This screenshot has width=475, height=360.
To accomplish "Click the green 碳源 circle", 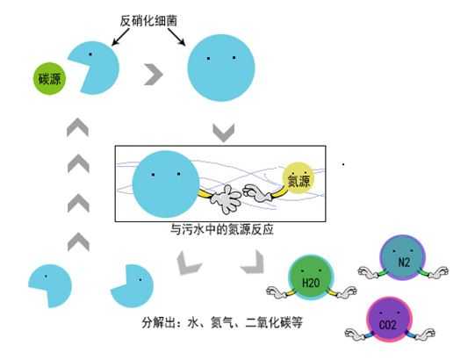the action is [x=49, y=78].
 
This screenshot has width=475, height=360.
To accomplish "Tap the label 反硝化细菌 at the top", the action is [x=148, y=21].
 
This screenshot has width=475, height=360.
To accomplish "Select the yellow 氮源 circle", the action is [x=299, y=179].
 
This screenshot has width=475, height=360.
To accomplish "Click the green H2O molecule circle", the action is [x=311, y=277].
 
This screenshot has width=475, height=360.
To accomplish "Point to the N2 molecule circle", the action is [x=403, y=258].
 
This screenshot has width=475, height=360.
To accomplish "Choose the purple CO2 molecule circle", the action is [x=389, y=320].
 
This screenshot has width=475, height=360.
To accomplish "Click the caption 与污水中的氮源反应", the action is [x=222, y=229].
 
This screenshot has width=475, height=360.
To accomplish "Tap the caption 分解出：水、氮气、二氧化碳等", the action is [x=222, y=322].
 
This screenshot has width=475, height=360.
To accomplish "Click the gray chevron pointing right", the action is [x=154, y=75].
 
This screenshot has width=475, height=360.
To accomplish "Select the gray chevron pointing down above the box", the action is [x=224, y=133].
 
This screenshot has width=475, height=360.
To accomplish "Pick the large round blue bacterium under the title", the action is [x=221, y=68].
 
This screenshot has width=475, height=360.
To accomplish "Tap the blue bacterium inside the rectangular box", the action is [x=166, y=184].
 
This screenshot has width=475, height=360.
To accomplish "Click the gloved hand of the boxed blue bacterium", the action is [x=226, y=198].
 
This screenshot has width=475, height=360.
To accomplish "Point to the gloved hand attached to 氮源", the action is [x=257, y=193].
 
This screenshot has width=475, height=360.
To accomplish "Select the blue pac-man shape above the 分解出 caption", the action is [x=133, y=286].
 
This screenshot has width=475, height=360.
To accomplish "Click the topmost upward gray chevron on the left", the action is [x=78, y=127].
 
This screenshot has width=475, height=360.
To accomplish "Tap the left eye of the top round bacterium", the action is [x=208, y=59].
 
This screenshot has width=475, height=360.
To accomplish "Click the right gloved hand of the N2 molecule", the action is [x=437, y=272].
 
